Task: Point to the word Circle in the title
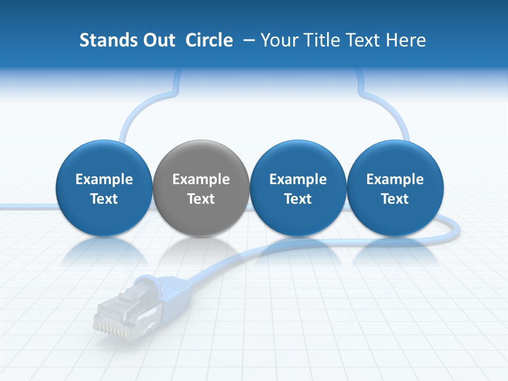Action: click(x=209, y=40)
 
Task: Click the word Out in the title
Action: click(x=158, y=40)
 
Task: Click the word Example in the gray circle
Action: click(x=201, y=180)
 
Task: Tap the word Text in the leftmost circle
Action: click(x=104, y=199)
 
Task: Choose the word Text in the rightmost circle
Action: click(x=395, y=199)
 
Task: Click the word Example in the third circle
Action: click(x=298, y=180)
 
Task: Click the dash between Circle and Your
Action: click(x=247, y=40)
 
